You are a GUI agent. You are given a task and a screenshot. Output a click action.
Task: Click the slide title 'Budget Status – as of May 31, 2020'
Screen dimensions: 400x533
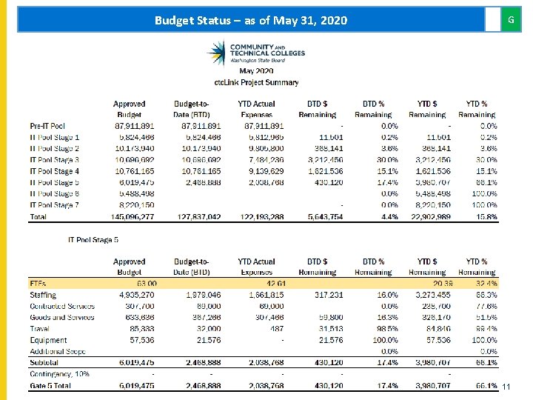(250, 21)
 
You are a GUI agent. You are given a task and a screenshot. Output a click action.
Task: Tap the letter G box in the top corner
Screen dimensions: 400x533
(510, 20)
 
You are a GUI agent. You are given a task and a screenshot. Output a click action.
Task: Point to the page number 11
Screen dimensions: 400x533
(507, 387)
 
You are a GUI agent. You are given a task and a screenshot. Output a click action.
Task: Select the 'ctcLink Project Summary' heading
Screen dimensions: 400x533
(256, 82)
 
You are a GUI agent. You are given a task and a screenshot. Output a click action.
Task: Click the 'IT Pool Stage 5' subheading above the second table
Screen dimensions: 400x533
(93, 239)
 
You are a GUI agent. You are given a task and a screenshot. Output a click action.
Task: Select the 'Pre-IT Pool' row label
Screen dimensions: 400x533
(47, 126)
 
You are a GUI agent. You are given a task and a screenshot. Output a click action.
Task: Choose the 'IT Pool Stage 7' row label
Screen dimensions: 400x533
(54, 205)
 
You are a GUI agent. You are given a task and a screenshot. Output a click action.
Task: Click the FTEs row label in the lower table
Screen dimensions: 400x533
(38, 284)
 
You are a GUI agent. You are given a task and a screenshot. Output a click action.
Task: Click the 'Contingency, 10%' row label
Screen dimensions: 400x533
(60, 374)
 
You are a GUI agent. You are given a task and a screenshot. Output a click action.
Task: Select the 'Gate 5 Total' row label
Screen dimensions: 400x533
(51, 386)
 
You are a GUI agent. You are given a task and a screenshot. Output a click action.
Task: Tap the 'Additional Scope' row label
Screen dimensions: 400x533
(58, 351)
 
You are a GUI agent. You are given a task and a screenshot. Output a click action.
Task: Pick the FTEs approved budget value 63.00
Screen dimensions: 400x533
(143, 284)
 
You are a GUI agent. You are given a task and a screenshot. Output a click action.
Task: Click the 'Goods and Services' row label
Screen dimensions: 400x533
(61, 318)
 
